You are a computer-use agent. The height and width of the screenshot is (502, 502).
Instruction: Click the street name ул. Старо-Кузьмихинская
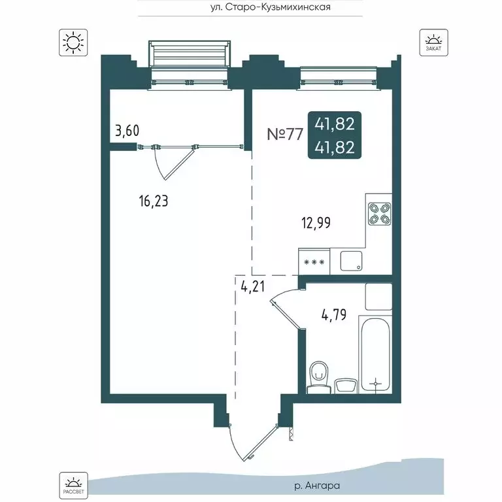(x=251, y=7)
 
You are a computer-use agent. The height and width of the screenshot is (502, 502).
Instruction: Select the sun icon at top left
(x=71, y=42)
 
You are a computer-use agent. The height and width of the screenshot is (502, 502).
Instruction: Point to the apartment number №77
(x=286, y=135)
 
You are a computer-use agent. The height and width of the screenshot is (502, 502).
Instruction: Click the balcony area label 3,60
(x=127, y=131)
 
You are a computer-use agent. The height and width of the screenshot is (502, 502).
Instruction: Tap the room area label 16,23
(x=154, y=201)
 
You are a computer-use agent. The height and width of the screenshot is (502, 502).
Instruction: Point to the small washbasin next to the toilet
(x=344, y=384)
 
